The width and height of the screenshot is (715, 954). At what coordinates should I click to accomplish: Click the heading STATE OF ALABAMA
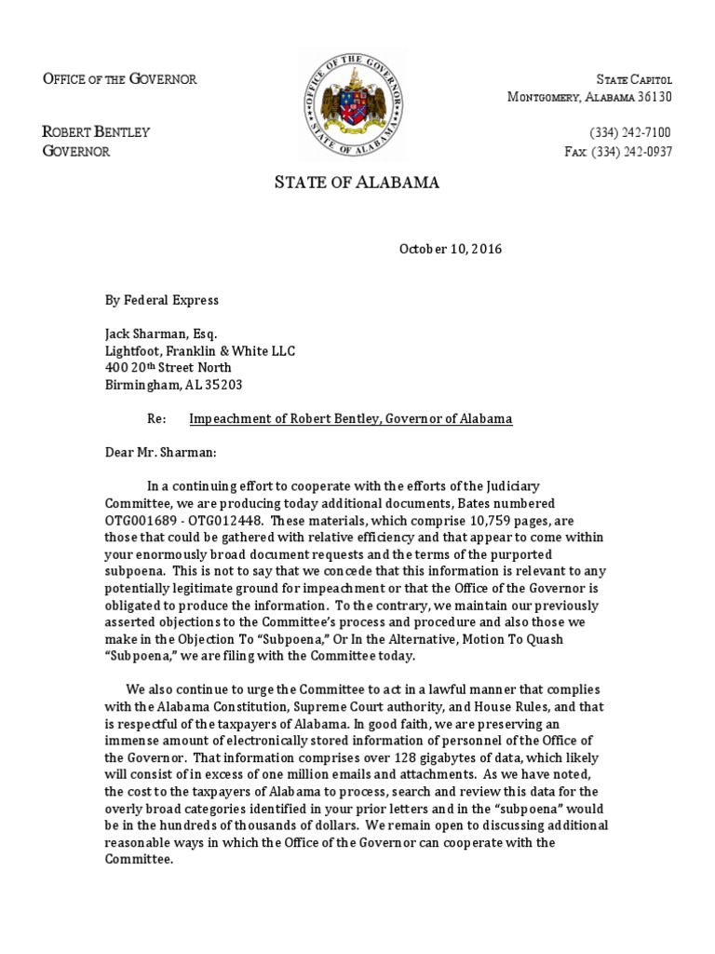[357, 183]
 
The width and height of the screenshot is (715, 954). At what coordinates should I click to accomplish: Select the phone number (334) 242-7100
[630, 132]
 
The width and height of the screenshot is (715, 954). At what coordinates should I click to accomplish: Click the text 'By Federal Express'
[162, 300]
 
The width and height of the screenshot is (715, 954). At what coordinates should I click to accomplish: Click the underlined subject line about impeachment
[351, 419]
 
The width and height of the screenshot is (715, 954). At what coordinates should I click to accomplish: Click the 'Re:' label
[157, 419]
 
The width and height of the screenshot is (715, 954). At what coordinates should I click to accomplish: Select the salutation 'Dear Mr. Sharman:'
[159, 452]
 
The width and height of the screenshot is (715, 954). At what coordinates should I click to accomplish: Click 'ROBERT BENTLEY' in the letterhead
[96, 132]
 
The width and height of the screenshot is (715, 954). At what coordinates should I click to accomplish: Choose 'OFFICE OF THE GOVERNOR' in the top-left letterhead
[120, 78]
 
